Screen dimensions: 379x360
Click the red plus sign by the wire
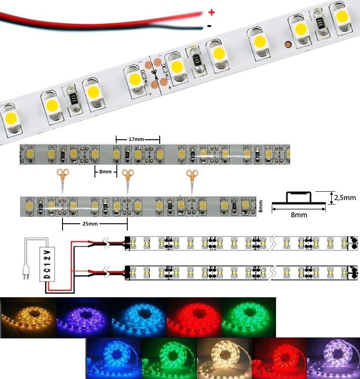(211, 12)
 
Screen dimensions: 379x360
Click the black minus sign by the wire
(209, 26)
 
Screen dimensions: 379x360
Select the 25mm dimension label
(90, 224)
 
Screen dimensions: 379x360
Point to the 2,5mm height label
(345, 198)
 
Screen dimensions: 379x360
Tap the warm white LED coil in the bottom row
(224, 358)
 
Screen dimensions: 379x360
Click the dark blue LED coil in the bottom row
(114, 358)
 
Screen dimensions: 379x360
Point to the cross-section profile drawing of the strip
(299, 199)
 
